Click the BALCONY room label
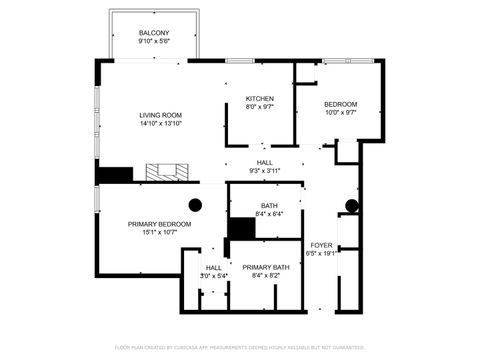[153, 33]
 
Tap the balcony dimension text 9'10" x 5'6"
[153, 42]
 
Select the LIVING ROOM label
[160, 116]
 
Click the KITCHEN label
[260, 98]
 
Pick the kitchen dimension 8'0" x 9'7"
[260, 107]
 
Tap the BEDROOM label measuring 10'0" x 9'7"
[340, 104]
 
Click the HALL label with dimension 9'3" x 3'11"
[264, 162]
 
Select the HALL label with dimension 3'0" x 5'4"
[214, 267]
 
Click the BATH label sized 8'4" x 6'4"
[269, 205]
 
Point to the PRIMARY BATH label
[265, 267]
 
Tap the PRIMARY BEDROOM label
[159, 224]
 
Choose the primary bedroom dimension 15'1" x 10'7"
[159, 233]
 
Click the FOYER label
[321, 244]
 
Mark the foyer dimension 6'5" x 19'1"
[321, 253]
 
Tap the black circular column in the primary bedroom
[195, 204]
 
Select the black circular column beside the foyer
[351, 207]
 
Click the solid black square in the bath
[241, 227]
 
